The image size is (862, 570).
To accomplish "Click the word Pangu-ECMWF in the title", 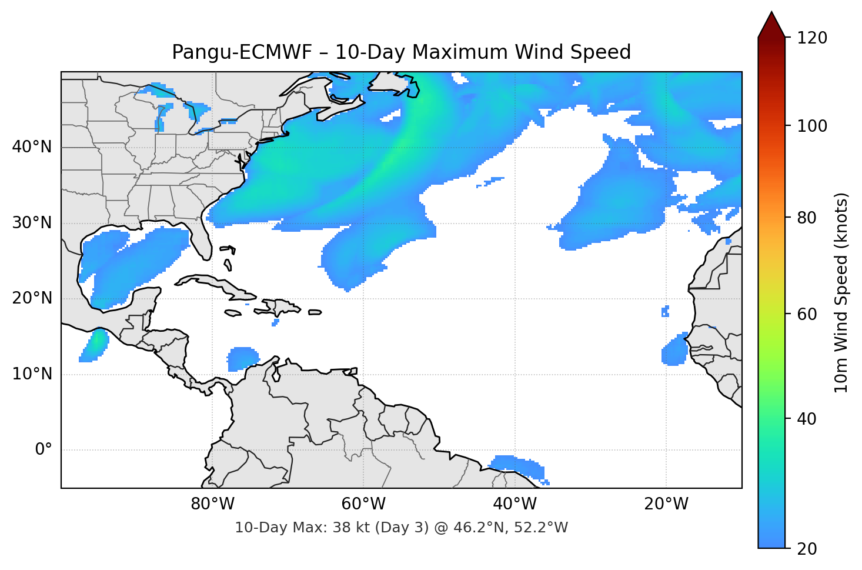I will tap(242, 52).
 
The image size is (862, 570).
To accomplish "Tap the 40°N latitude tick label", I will tap(32, 147).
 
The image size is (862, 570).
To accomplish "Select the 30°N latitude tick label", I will tap(32, 223).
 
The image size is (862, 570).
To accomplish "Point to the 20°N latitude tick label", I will tap(32, 298).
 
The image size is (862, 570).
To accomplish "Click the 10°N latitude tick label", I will tap(32, 374).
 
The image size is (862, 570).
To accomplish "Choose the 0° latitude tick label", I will tap(44, 450).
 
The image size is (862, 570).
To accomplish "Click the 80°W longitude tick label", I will tap(212, 504).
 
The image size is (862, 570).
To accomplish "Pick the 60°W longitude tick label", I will tap(363, 504).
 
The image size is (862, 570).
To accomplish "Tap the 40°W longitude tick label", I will tap(515, 504).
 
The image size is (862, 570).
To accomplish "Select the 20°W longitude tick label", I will tap(666, 504).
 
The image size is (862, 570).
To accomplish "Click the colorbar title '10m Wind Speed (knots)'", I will tap(841, 292).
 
